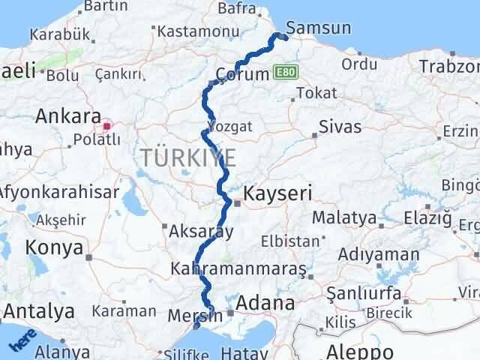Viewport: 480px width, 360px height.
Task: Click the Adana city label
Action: click(263, 303)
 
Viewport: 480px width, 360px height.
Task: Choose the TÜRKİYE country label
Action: click(187, 157)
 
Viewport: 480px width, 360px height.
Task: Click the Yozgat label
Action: click(223, 124)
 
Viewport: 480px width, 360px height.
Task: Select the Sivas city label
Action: click(340, 126)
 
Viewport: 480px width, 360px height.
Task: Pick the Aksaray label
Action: click(202, 232)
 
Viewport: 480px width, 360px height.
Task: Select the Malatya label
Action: click(344, 218)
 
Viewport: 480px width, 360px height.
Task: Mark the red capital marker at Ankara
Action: click(107, 126)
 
